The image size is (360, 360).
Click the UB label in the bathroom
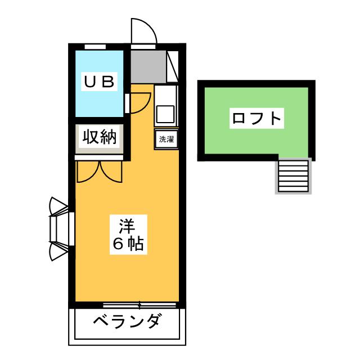tap(99, 82)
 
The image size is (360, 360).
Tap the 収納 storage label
tap(100, 137)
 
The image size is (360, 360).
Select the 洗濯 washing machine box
tap(166, 139)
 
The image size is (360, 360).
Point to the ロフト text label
tap(256, 119)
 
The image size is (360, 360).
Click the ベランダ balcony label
tap(127, 323)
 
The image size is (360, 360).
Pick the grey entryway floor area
tap(148, 66)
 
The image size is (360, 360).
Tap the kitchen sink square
tap(166, 114)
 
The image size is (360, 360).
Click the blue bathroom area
tap(99, 101)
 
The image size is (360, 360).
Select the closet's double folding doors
tap(99, 171)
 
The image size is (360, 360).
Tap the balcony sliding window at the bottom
tap(139, 305)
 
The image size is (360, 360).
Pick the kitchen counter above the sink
tap(166, 93)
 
